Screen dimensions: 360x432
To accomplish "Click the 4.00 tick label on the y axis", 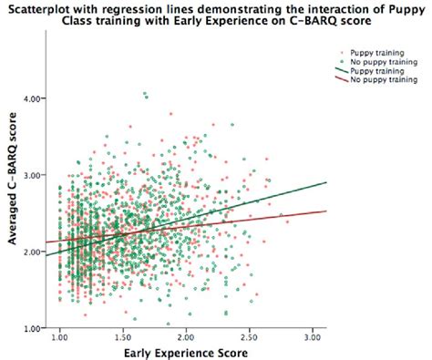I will [36, 98].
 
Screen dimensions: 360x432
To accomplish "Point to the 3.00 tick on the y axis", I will [36, 174].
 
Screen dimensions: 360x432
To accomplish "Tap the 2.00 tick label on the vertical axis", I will [36, 252].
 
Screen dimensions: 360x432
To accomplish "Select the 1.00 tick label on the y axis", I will [36, 327].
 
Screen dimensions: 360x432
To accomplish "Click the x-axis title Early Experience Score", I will [186, 352].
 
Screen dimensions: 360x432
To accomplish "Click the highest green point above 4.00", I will [145, 93].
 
